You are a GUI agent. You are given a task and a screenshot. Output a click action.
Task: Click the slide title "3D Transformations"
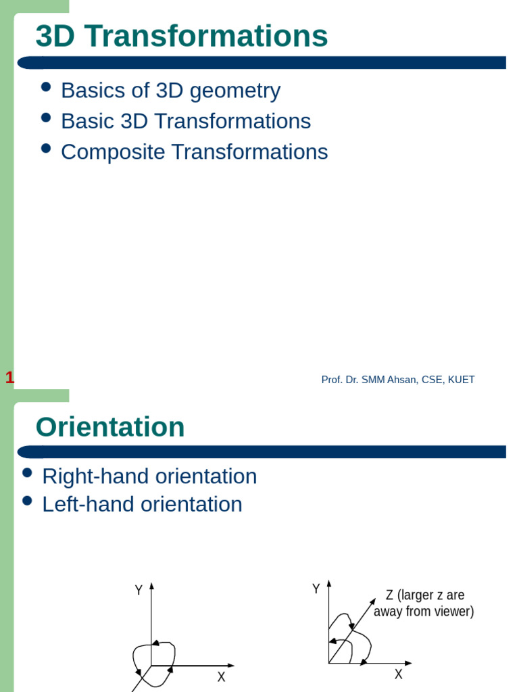tap(181, 36)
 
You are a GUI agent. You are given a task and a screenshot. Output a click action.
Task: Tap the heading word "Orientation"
tap(110, 427)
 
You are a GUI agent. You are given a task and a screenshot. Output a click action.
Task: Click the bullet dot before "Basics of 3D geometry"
tap(46, 86)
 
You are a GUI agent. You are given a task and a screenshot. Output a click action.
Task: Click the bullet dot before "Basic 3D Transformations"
tap(46, 117)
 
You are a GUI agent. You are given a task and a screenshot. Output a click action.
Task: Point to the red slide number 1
tap(9, 378)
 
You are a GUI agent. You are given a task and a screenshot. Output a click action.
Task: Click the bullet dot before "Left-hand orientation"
tap(27, 501)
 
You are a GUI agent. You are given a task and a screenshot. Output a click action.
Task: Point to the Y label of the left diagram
tap(139, 590)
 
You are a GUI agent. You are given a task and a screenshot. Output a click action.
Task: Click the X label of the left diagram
tap(221, 676)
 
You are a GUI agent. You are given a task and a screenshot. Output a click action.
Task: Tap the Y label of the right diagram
tap(316, 589)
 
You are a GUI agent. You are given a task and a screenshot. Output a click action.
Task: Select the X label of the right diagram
tap(399, 674)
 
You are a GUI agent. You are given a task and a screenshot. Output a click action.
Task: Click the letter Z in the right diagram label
tap(389, 595)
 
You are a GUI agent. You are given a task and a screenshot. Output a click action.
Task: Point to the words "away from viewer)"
tap(424, 612)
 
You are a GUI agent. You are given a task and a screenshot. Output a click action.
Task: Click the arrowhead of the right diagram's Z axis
tap(372, 600)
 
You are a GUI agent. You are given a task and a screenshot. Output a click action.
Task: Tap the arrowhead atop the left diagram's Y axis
tap(151, 586)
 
